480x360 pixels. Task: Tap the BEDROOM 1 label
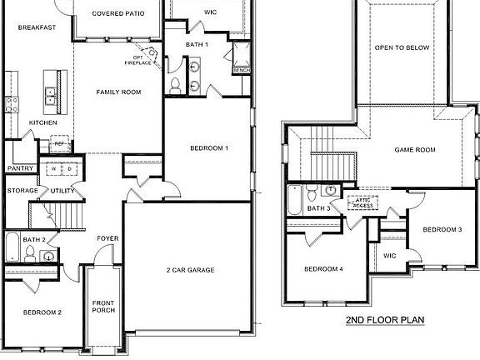[209, 148]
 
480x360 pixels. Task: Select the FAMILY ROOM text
[116, 92]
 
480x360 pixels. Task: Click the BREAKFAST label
[37, 27]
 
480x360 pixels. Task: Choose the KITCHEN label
[43, 122]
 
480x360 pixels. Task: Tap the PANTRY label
[20, 168]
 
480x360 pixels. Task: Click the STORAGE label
[22, 191]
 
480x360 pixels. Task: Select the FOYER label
[107, 239]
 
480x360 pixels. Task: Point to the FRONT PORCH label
[104, 306]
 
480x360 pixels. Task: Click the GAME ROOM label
[415, 150]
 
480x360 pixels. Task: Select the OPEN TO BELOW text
[402, 48]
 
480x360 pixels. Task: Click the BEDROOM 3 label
[442, 229]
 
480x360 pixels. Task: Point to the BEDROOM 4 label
[323, 269]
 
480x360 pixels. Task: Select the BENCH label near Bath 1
[242, 71]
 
